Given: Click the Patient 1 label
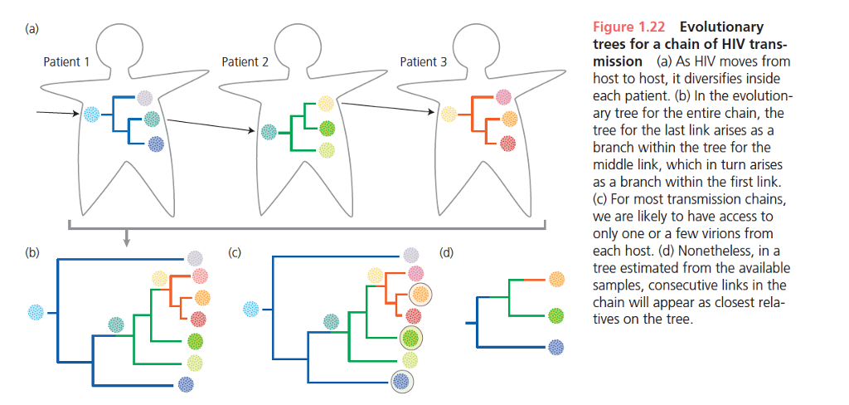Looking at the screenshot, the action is click(66, 61).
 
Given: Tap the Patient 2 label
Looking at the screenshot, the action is click(245, 61).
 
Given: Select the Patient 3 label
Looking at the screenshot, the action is click(424, 61).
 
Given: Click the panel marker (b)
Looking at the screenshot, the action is click(32, 252).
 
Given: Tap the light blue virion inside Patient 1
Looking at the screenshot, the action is click(91, 115).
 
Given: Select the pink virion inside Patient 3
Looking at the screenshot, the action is click(503, 98).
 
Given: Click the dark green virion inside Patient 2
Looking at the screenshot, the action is click(327, 129).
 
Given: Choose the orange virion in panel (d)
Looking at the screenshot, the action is click(557, 280).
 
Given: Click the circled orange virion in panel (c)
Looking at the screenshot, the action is click(420, 293).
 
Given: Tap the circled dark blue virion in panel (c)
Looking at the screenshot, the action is click(402, 381).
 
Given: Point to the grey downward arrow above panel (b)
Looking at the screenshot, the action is click(126, 237).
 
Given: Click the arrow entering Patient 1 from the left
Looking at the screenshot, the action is click(59, 113).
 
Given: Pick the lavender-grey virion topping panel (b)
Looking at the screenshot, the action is click(194, 258).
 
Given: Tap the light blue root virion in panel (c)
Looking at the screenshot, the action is click(251, 310).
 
